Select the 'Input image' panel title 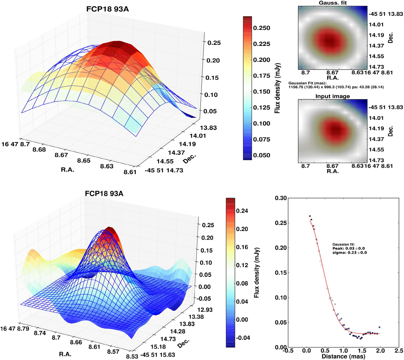333,96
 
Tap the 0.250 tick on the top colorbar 262,28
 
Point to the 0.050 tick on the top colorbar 262,155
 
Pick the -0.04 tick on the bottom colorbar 242,338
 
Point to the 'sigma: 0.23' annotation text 349,252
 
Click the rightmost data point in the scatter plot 379,327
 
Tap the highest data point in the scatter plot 310,216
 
